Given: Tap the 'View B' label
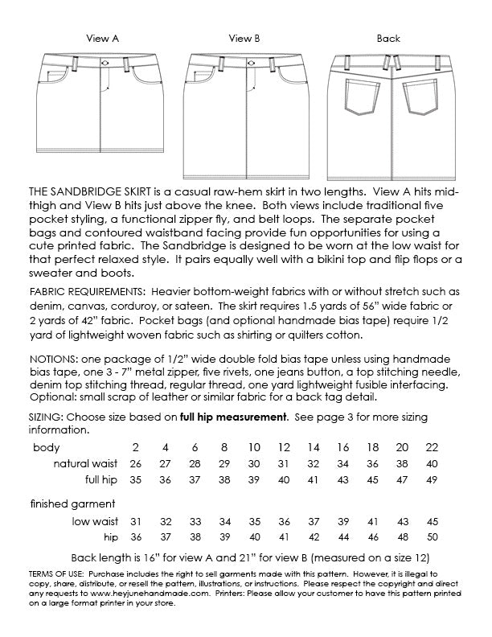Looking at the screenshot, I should (x=244, y=38).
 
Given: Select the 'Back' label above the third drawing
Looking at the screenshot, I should (x=388, y=38).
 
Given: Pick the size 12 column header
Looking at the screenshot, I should (x=283, y=446).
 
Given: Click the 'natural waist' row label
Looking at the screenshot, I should (x=85, y=464).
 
